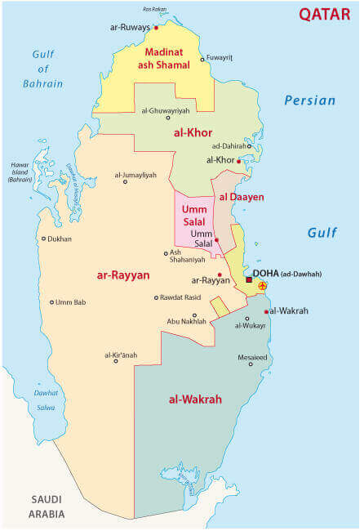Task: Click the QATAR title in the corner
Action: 325,14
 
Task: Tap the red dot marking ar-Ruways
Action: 155,26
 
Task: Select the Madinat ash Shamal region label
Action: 162,57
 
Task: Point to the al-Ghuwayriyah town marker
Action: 167,118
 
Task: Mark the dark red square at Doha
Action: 249,280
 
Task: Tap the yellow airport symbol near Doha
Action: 262,286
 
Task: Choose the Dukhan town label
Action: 60,239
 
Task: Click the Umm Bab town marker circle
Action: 51,302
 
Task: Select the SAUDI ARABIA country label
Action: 47,506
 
